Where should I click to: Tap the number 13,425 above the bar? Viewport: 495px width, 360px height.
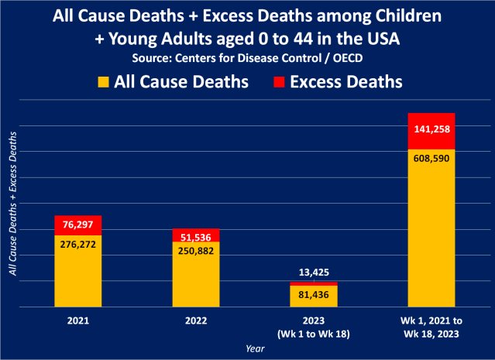[x=314, y=273]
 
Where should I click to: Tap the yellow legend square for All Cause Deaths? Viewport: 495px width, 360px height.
[x=105, y=81]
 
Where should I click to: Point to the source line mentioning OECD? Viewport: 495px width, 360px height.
[x=247, y=57]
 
